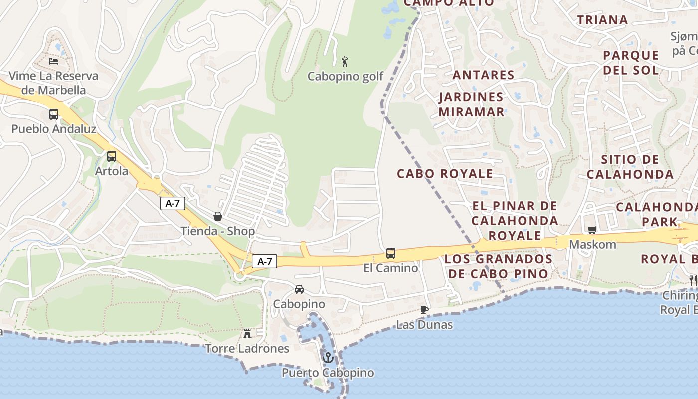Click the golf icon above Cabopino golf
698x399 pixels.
(345, 62)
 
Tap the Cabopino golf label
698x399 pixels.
(346, 76)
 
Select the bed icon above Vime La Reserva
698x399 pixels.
(53, 61)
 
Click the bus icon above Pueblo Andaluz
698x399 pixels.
(54, 114)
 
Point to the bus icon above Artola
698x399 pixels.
(112, 156)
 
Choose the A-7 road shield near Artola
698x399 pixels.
(173, 203)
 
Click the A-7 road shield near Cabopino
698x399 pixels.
(264, 261)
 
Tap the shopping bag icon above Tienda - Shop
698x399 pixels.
(218, 216)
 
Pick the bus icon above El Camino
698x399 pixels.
(391, 253)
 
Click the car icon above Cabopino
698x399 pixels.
(299, 289)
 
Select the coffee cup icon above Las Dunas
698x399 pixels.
(424, 310)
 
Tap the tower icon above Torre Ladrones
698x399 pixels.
(247, 333)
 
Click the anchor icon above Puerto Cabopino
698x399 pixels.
(328, 358)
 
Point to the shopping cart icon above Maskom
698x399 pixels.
(592, 230)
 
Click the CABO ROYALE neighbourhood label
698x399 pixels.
(445, 174)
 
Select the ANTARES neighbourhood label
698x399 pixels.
(483, 75)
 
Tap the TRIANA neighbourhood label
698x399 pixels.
(602, 20)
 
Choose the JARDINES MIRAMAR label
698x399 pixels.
(471, 104)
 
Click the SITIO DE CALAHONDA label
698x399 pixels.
(630, 167)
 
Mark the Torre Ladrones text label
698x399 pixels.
(247, 348)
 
